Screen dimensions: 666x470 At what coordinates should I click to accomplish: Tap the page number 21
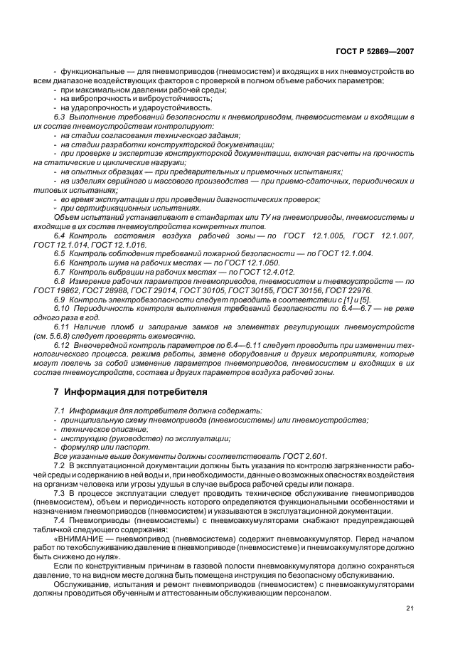click(410, 607)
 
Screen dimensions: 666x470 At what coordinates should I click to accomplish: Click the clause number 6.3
click(60, 115)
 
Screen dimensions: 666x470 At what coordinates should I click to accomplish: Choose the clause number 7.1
click(60, 411)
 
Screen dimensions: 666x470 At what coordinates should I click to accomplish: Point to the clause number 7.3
click(60, 493)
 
